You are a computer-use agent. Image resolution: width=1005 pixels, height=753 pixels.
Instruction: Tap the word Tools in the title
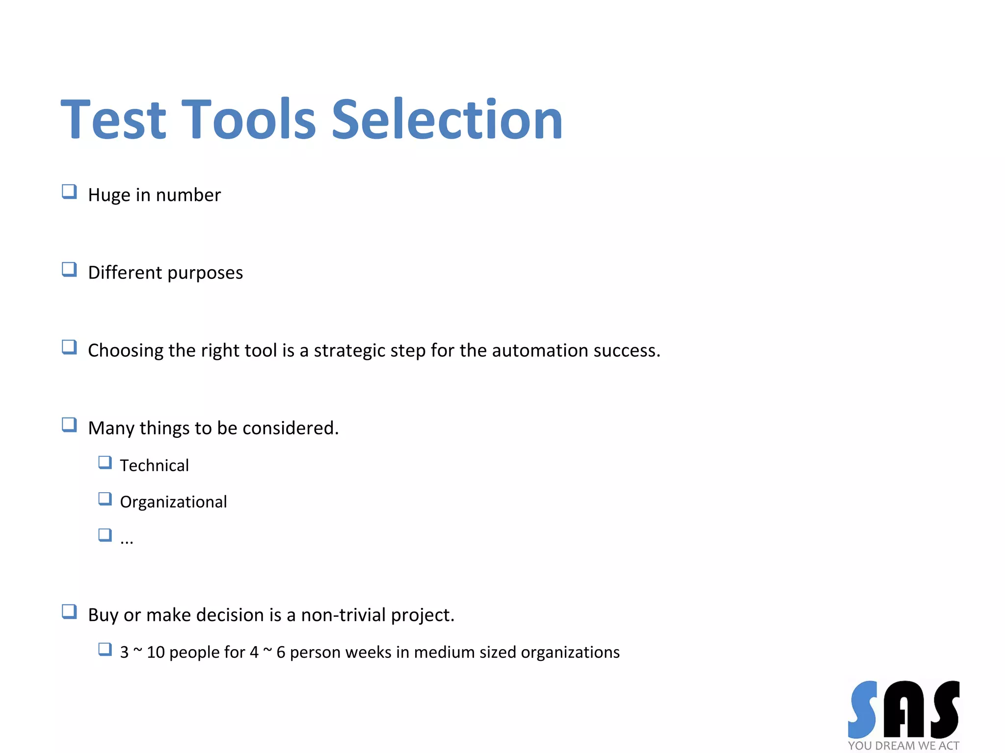(249, 120)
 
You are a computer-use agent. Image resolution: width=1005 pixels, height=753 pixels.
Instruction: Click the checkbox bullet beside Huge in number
(69, 191)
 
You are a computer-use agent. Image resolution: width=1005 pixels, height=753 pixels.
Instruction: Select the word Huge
(109, 195)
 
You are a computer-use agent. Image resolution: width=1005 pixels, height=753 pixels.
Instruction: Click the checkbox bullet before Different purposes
(69, 269)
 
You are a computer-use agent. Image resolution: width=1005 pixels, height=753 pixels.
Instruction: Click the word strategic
(349, 351)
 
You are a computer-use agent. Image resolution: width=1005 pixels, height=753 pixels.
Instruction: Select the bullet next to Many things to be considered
(69, 425)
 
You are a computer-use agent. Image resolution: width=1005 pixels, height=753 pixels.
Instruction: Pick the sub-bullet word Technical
(154, 465)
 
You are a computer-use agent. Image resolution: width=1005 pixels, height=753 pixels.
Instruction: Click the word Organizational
(173, 502)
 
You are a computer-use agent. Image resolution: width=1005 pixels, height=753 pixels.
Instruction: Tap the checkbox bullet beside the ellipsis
(105, 535)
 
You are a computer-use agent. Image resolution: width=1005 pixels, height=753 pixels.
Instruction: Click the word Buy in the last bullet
(103, 615)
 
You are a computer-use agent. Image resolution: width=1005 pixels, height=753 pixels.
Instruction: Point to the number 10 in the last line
(156, 653)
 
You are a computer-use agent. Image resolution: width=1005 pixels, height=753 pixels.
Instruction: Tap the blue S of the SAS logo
(863, 709)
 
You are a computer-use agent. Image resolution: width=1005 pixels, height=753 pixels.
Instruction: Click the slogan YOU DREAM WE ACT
(903, 746)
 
